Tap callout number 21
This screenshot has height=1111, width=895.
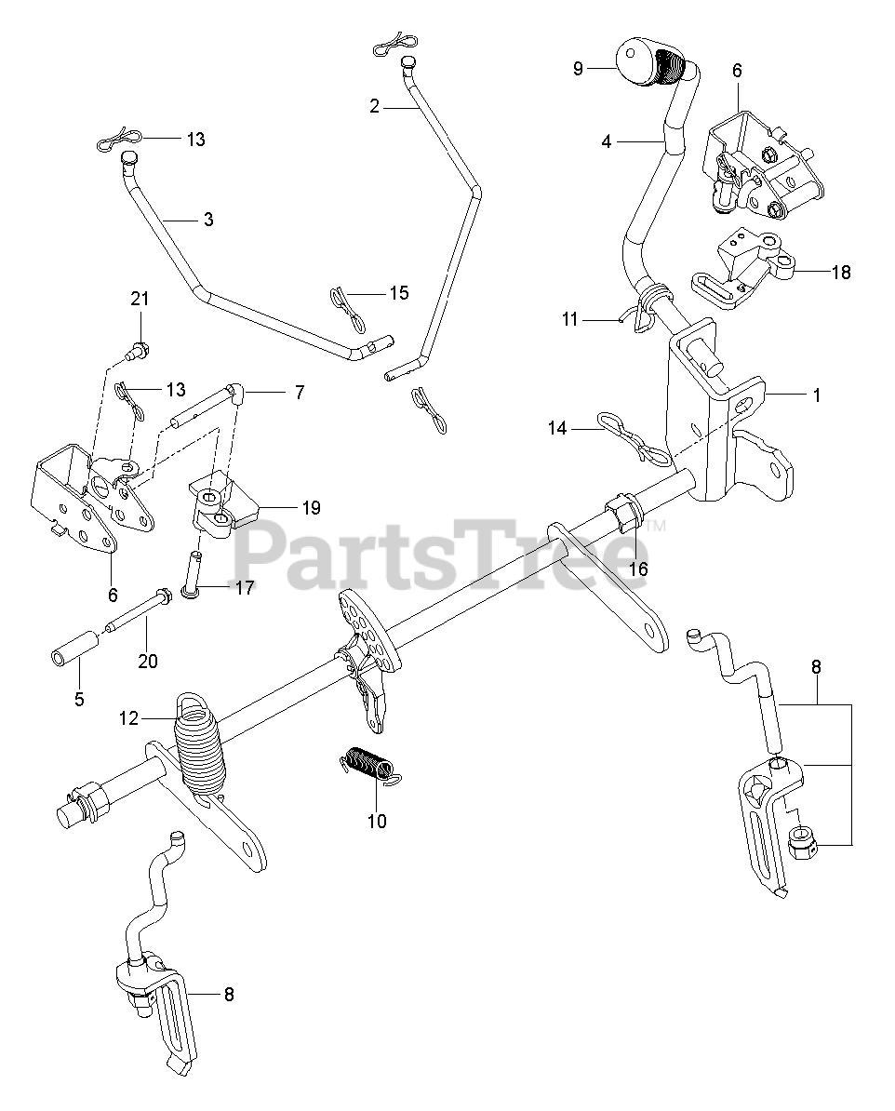coord(140,299)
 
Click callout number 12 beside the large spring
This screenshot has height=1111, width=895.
coord(129,717)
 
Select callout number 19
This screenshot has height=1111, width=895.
coord(310,508)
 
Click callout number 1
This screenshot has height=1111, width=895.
coord(817,395)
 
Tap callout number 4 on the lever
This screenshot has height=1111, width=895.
coord(607,142)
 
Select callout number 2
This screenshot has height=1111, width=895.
coord(374,107)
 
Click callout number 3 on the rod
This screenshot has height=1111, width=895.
coord(207,220)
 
